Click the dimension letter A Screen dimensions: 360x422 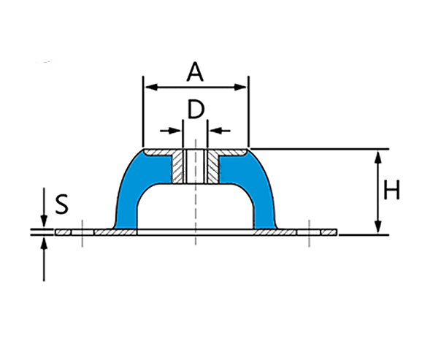195,72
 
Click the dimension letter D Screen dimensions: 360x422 195,110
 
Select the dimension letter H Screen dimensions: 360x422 391,191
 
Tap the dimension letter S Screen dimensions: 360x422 62,203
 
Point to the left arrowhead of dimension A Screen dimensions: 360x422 148,87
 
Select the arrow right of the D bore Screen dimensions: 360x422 215,131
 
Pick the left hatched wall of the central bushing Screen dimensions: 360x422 177,168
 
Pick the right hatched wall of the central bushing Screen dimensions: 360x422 212,168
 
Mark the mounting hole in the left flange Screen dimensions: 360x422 83,232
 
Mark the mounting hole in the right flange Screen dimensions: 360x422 309,232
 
